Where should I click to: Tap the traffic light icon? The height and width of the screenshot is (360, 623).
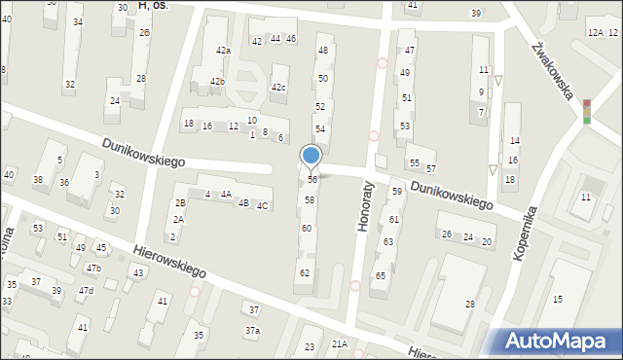[586, 111]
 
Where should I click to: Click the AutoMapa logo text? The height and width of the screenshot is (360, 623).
[560, 341]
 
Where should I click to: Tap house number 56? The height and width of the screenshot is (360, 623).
[311, 180]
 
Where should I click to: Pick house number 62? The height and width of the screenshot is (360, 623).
[305, 272]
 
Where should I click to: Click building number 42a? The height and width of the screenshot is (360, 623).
[223, 51]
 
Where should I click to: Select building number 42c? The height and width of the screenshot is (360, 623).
[278, 89]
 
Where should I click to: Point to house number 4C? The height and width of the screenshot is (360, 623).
[262, 205]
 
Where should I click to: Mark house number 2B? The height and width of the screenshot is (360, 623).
[180, 202]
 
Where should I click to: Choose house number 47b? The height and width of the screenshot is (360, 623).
[93, 268]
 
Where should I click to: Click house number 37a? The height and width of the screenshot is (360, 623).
[252, 332]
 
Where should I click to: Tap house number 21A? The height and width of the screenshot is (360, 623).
[339, 343]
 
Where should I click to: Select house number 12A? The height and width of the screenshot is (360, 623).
[595, 33]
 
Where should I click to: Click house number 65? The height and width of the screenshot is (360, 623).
[380, 276]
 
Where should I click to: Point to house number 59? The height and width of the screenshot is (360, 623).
[397, 192]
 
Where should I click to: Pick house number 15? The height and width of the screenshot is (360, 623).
[558, 299]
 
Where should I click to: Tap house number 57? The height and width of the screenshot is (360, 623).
[430, 168]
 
